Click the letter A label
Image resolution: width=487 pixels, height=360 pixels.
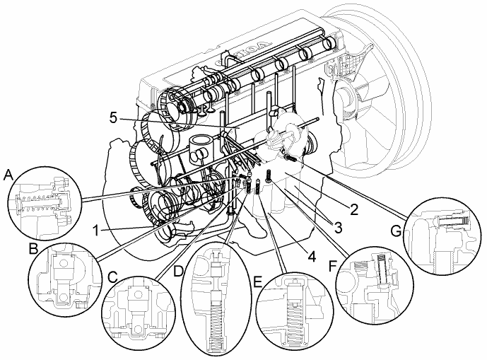9,173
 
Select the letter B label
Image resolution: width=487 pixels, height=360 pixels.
33,249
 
